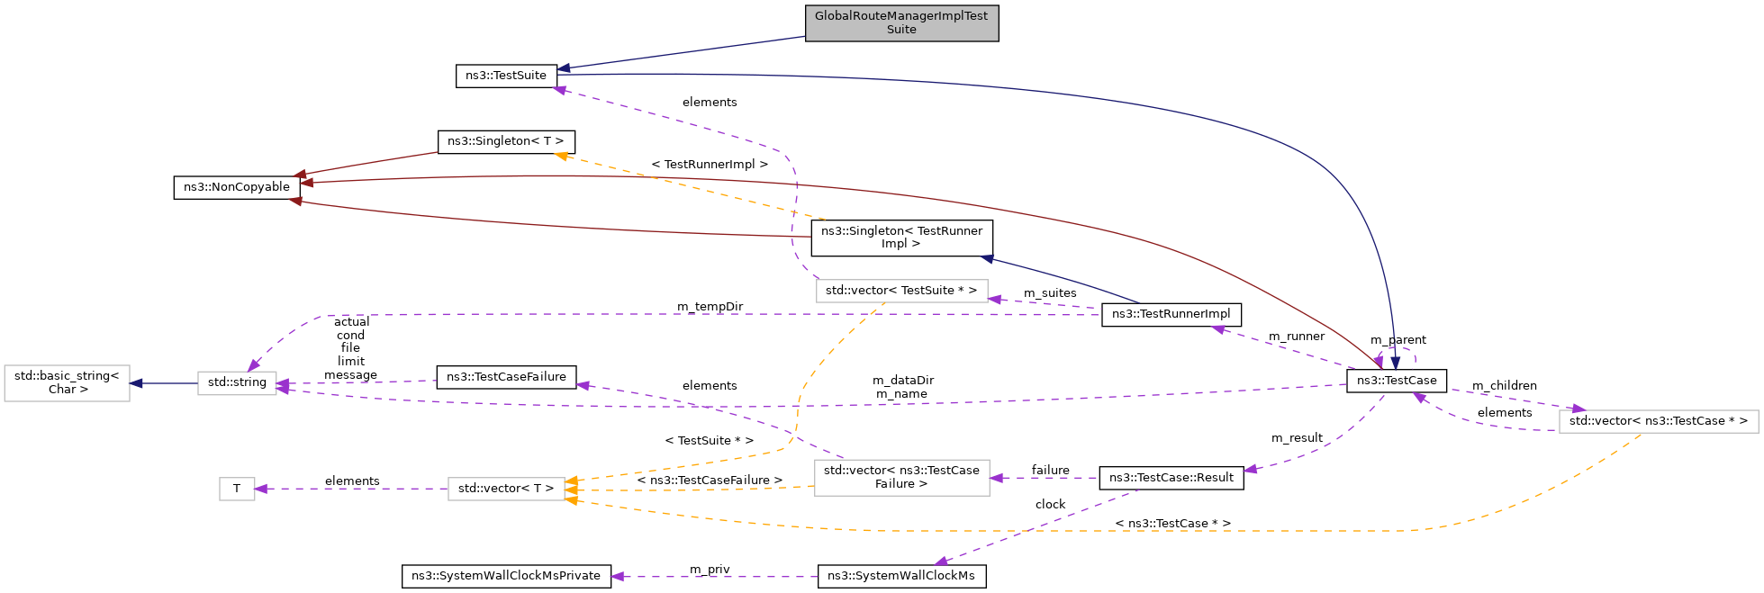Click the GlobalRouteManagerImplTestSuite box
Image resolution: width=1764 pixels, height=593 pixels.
[x=901, y=22]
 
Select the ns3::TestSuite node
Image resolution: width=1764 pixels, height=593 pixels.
[x=506, y=76]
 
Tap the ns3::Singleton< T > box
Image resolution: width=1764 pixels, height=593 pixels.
[x=505, y=142]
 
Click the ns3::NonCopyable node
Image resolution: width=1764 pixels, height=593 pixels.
[x=237, y=187]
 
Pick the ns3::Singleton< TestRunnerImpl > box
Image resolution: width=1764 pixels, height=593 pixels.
[x=901, y=238]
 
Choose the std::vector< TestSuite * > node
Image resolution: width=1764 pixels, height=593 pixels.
[x=900, y=291]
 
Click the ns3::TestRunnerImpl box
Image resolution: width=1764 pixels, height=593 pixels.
[x=1171, y=314]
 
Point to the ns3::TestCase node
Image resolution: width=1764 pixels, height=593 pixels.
[x=1397, y=381]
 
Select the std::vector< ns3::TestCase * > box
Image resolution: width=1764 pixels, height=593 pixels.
[x=1658, y=421]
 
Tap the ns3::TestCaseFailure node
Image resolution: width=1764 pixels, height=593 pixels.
[x=506, y=377]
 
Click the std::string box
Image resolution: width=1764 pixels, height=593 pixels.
[x=237, y=382]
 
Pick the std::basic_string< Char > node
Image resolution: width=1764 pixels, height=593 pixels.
[x=67, y=382]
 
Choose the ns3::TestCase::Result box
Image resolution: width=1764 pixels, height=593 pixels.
[x=1171, y=478]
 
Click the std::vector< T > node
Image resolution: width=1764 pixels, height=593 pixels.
[x=506, y=489]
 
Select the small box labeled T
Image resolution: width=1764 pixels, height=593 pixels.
[x=237, y=489]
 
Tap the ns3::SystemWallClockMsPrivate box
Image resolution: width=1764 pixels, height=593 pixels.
[x=505, y=576]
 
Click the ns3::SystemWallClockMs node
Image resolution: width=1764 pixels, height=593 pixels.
[x=901, y=576]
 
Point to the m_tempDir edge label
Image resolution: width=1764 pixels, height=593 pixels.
[x=710, y=307]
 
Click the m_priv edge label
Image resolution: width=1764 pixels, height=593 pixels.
[x=710, y=570]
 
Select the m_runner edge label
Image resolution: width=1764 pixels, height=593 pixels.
[x=1296, y=337]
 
